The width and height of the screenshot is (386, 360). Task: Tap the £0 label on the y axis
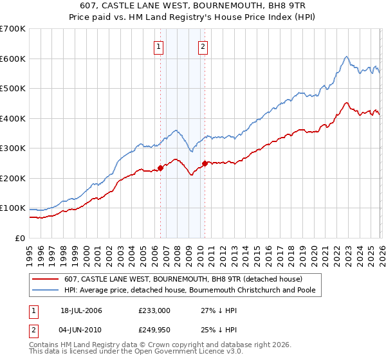coord(20,238)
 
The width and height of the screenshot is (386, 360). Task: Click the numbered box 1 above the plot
coord(158,46)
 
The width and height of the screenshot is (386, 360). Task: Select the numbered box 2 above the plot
coord(203,46)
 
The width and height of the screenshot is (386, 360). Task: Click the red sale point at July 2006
coord(160,168)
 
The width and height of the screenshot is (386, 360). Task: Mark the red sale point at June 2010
coord(205,163)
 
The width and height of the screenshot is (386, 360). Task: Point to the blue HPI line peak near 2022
coord(346,57)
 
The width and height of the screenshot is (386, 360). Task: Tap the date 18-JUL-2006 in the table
coord(81,310)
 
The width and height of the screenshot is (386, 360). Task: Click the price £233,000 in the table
coord(154,310)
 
